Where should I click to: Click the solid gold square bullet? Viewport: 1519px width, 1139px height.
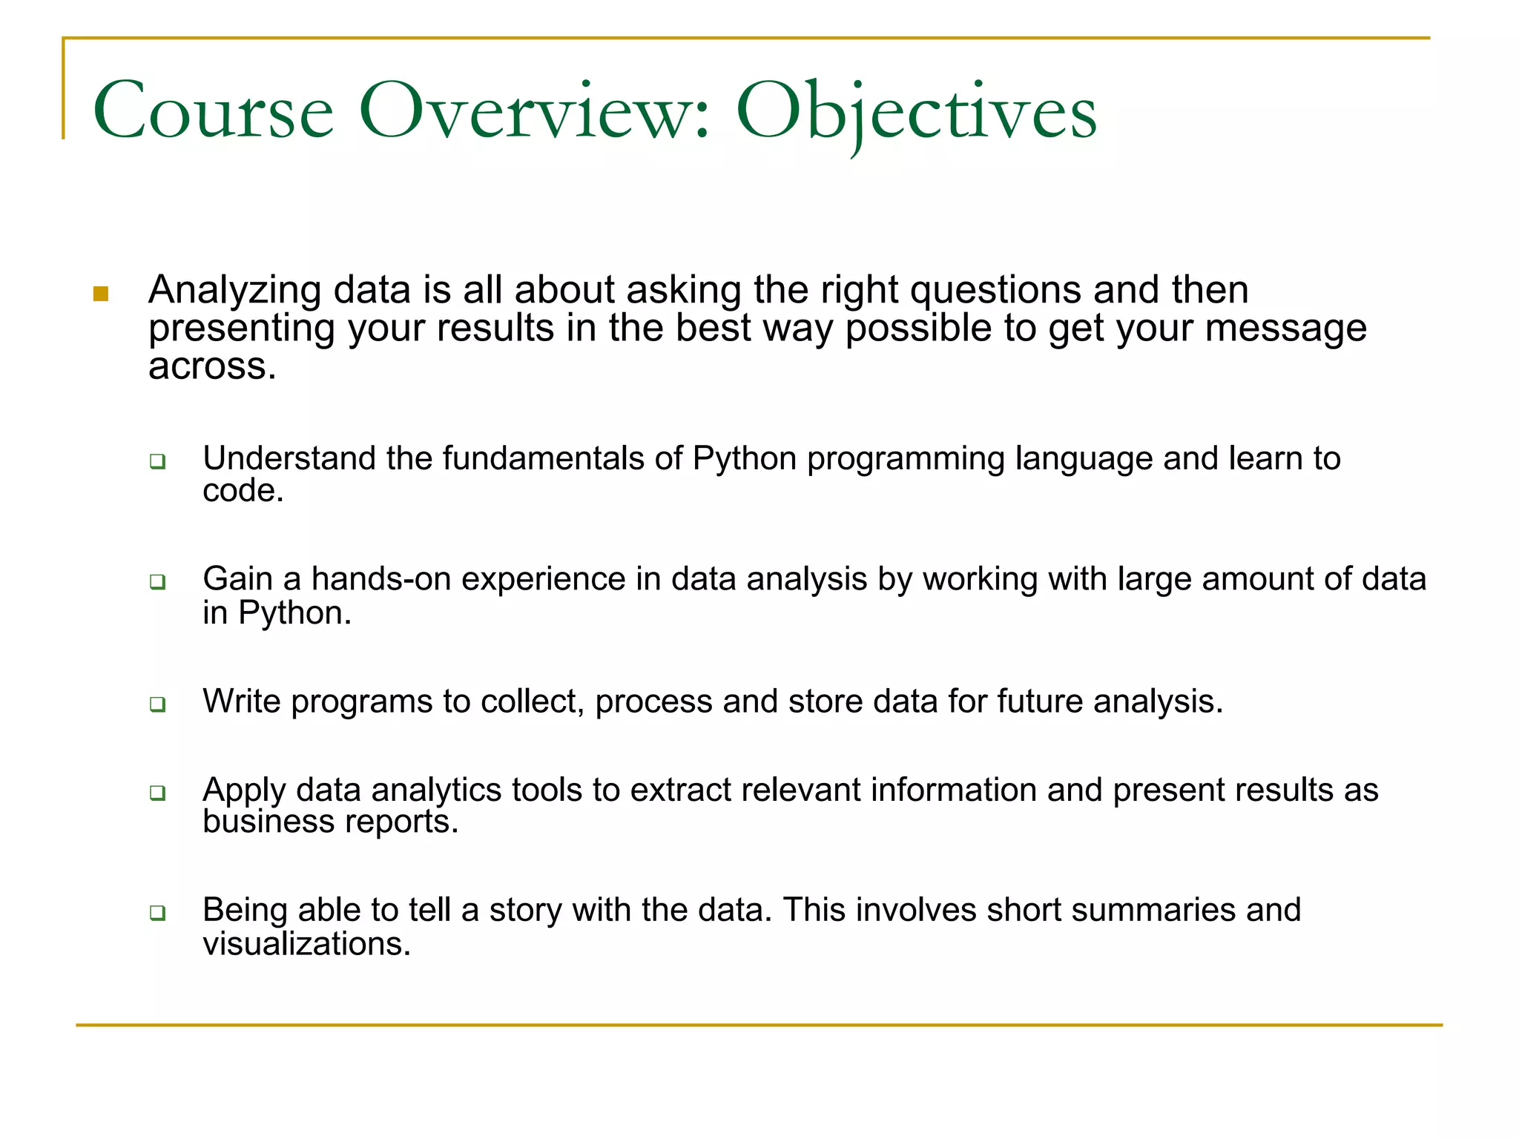(102, 294)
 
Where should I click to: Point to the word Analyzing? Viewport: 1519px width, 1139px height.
(234, 291)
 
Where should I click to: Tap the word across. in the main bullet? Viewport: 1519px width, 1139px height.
(212, 366)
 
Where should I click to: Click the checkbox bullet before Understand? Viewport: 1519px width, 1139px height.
(157, 461)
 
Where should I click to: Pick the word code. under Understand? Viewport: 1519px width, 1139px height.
(243, 491)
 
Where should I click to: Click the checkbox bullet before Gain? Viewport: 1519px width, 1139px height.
(157, 581)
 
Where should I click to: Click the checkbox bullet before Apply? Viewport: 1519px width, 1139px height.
(157, 793)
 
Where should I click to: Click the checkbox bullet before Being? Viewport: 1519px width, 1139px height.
(157, 912)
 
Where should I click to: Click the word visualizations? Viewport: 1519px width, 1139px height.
(306, 945)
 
